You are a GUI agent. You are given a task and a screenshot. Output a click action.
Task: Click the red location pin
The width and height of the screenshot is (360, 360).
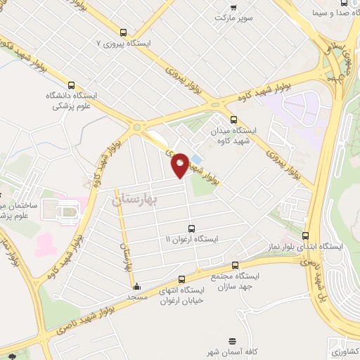[x=180, y=165]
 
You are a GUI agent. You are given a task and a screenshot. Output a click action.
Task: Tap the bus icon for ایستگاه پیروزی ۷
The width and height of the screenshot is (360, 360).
[x=124, y=32]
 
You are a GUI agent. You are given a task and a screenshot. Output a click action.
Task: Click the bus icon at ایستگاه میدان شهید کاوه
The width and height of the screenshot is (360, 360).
[x=233, y=120]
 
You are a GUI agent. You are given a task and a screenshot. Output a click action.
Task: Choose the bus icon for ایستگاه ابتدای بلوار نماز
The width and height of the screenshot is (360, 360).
[x=305, y=236]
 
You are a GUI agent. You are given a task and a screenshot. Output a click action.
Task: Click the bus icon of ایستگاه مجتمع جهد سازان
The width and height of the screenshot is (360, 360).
[x=235, y=266]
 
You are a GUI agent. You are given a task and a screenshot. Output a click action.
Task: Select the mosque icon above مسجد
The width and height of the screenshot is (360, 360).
[x=136, y=287]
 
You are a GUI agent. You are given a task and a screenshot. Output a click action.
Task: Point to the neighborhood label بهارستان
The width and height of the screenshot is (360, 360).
[x=136, y=200]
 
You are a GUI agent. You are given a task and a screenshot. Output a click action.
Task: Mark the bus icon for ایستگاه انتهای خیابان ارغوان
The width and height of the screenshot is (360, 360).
[x=181, y=279]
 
